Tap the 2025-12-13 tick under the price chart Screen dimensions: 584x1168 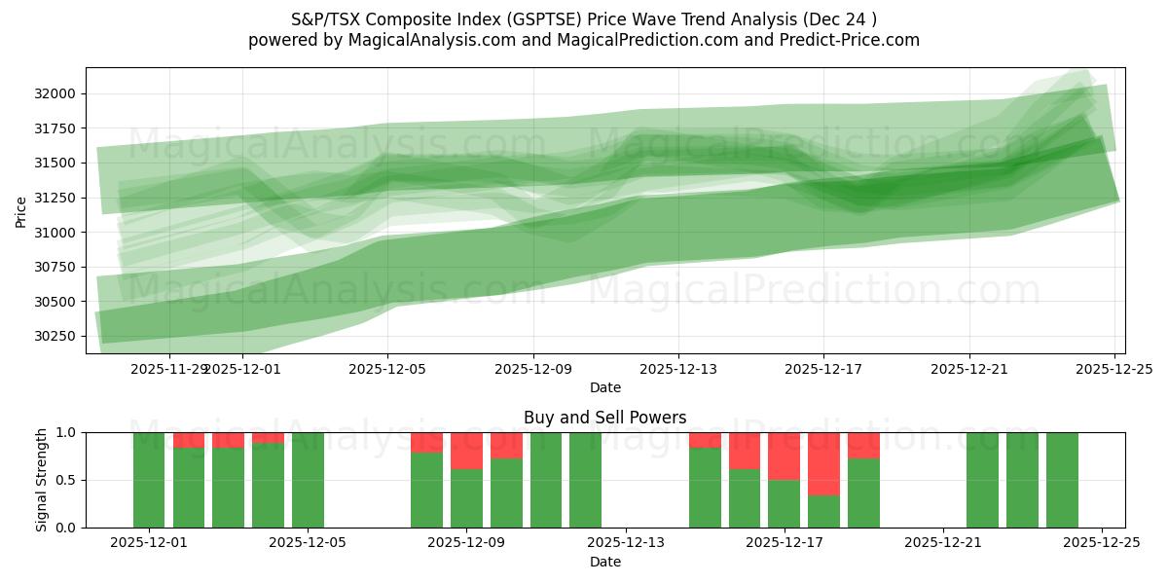click(678, 369)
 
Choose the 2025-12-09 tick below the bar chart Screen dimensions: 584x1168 click(466, 543)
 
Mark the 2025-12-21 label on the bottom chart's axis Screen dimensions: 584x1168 click(943, 543)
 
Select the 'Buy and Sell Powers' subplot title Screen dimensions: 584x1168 click(604, 418)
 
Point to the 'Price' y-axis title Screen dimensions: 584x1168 click(21, 210)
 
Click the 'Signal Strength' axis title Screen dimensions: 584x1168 click(41, 480)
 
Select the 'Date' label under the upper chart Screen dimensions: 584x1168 click(604, 387)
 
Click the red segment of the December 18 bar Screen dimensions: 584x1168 click(823, 463)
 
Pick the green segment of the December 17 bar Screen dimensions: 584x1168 click(784, 503)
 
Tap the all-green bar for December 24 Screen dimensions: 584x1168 click(1062, 480)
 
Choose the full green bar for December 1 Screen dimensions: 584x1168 click(149, 480)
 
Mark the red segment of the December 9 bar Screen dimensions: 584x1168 click(466, 451)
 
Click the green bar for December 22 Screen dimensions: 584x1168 click(982, 480)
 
